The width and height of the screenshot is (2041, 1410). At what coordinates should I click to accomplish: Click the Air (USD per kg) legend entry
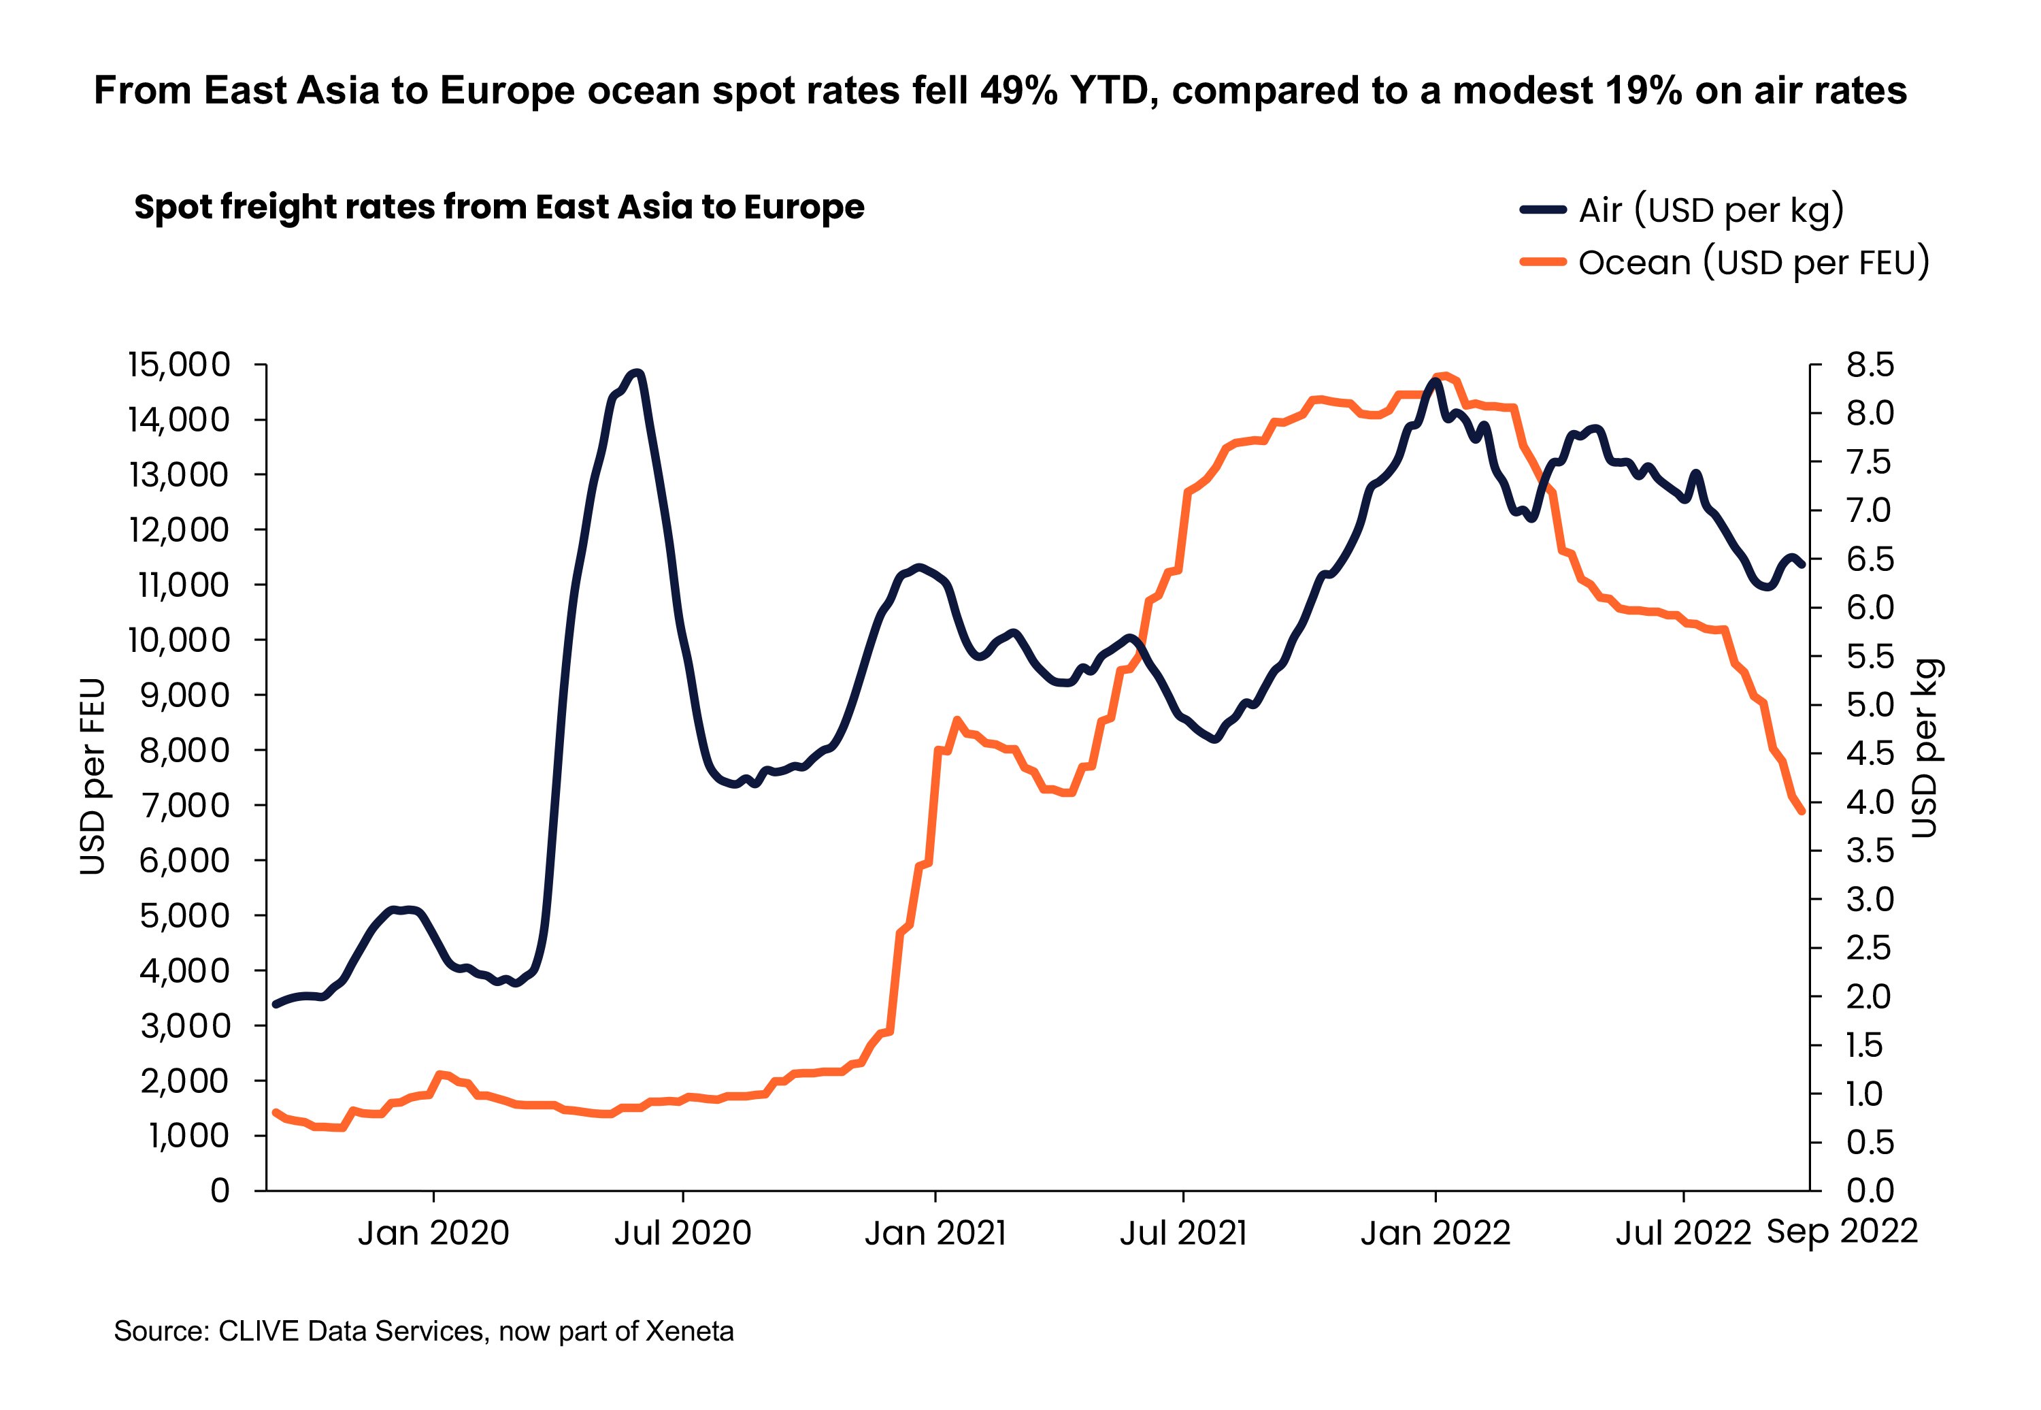click(x=1710, y=210)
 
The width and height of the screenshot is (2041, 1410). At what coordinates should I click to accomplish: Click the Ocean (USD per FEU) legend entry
click(x=1753, y=263)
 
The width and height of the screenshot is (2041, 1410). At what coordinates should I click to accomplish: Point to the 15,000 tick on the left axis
click(x=180, y=364)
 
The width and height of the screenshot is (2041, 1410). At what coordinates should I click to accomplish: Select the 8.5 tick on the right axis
click(x=1870, y=364)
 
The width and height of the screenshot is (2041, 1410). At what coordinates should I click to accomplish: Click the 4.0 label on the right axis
click(x=1870, y=802)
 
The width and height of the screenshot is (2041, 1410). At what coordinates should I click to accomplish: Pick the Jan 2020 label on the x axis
click(x=433, y=1232)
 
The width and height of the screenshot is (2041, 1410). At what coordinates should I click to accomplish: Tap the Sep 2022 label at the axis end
click(x=1842, y=1230)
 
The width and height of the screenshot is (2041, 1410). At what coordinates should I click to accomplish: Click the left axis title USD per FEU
click(x=92, y=776)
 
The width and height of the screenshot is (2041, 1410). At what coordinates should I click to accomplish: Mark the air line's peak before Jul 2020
click(x=637, y=373)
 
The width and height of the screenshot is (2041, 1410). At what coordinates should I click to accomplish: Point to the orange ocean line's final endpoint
click(x=1802, y=812)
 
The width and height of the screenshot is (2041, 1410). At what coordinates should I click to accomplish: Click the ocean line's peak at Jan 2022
click(x=1443, y=374)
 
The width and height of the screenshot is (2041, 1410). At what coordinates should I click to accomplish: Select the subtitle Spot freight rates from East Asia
click(x=499, y=208)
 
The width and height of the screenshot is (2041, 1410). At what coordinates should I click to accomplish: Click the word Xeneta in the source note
click(x=689, y=1331)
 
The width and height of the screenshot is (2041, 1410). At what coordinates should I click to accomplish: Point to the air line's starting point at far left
click(x=276, y=1004)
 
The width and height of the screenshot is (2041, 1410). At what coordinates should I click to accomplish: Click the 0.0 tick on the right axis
click(x=1870, y=1191)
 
